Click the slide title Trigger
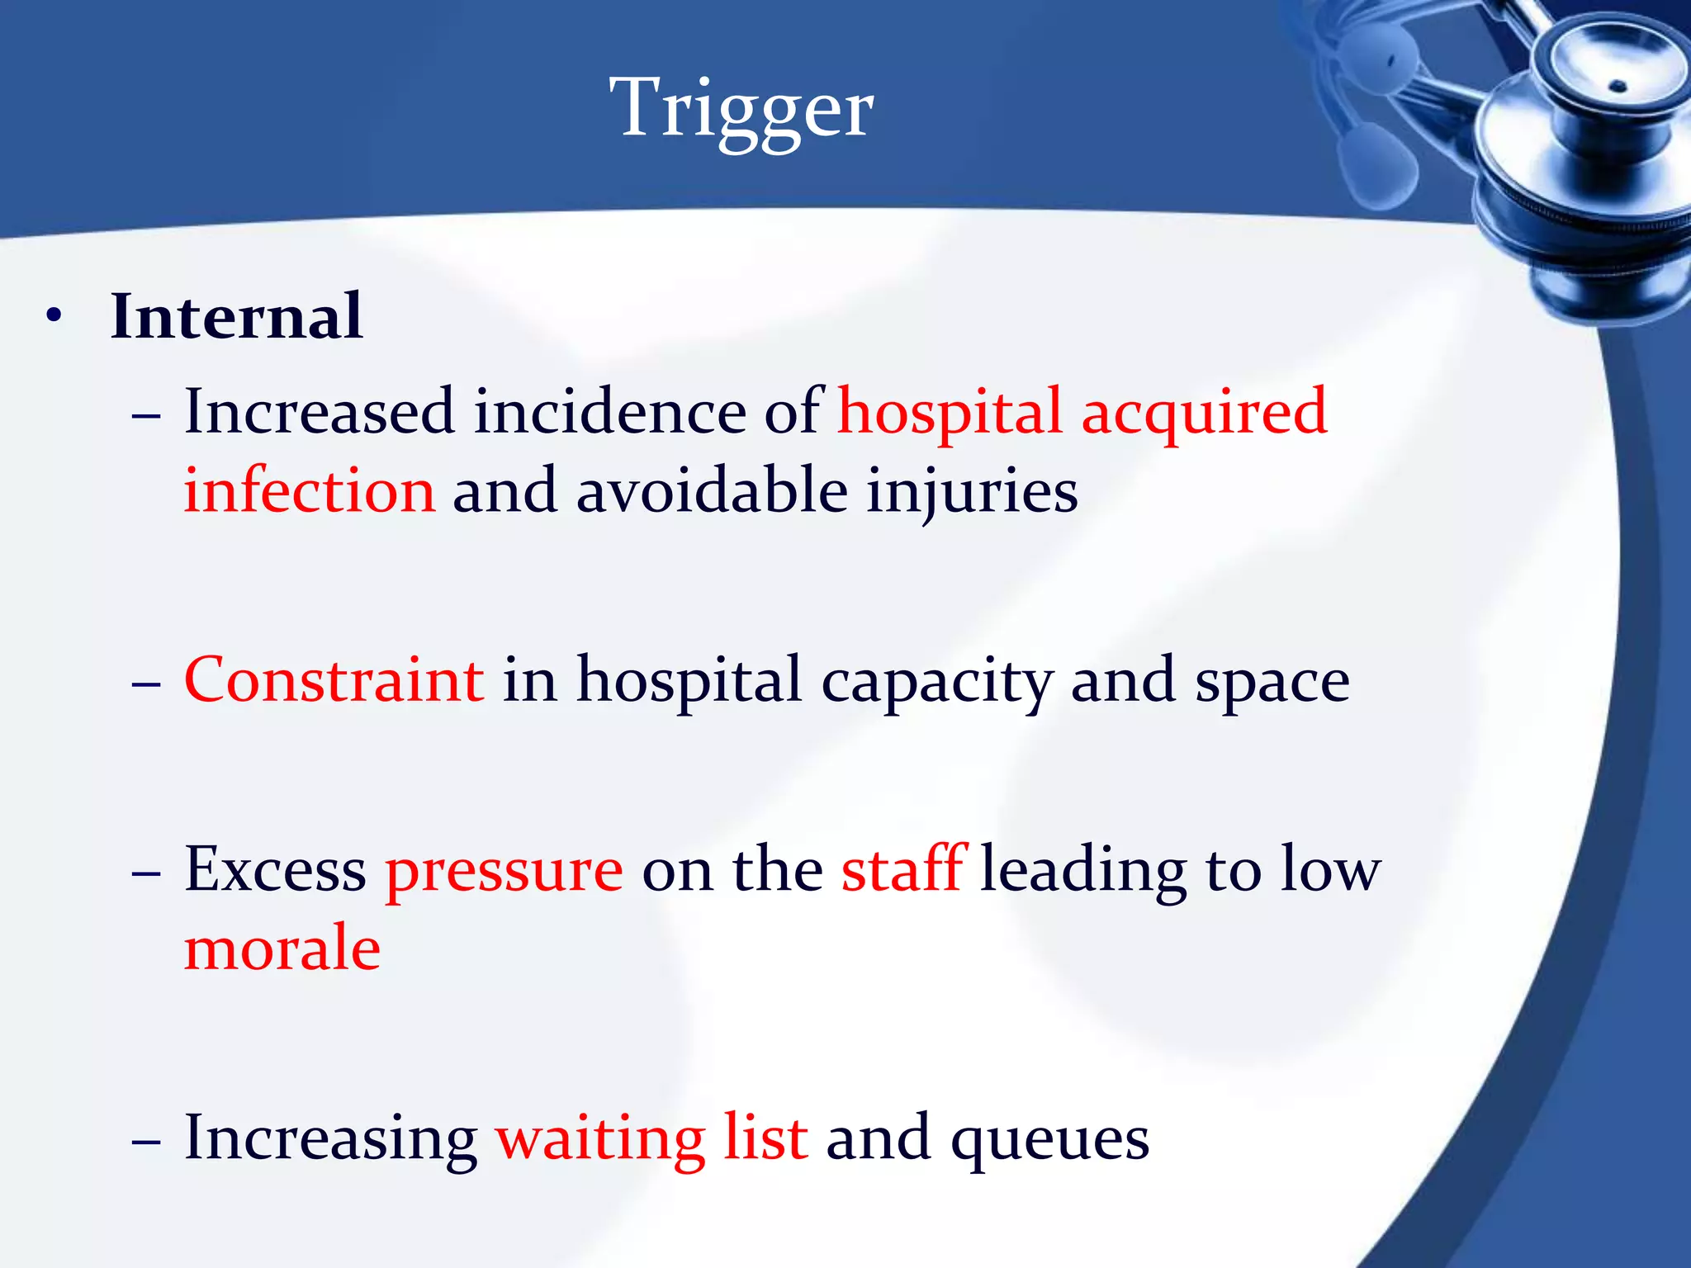point(741,109)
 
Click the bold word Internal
point(236,316)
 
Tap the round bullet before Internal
point(54,316)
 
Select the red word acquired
point(1204,413)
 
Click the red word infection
point(309,490)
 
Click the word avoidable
point(712,490)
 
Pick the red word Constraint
point(334,680)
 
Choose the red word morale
point(282,949)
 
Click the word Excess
point(275,870)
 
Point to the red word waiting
point(599,1139)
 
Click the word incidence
point(609,411)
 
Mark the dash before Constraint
point(146,685)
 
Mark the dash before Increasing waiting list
point(146,1143)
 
